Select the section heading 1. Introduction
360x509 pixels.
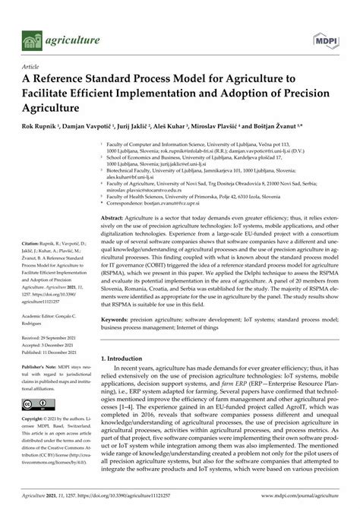click(x=128, y=358)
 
